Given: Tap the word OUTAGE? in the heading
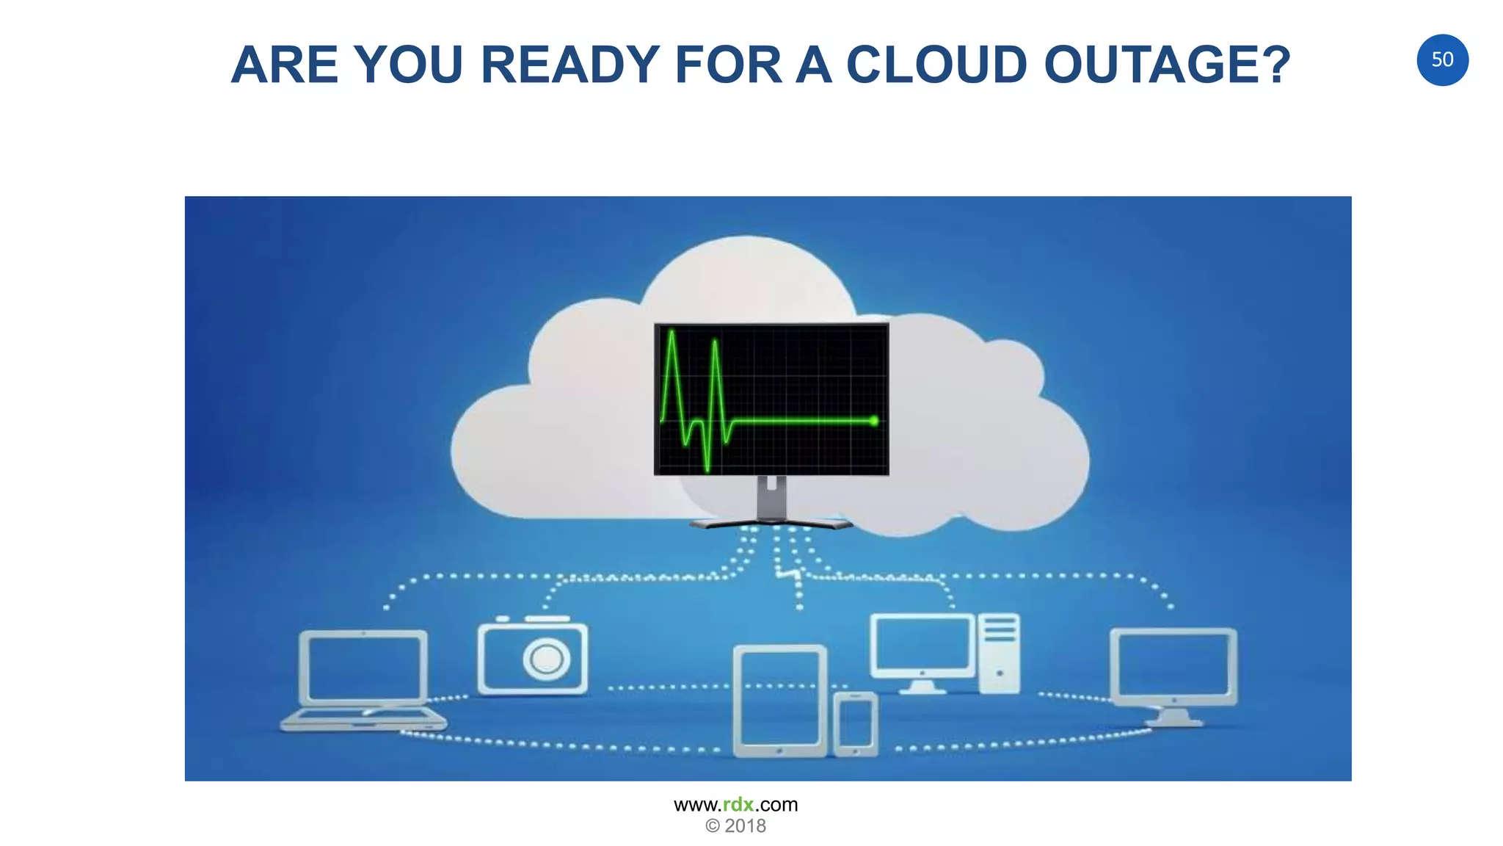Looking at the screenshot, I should click(x=1167, y=65).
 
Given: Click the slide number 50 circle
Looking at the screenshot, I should click(x=1442, y=59).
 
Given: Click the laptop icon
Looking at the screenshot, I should click(x=364, y=679).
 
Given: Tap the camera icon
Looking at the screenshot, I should click(x=533, y=656).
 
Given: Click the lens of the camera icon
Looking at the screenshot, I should click(x=547, y=658).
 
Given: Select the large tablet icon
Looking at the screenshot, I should click(x=780, y=701).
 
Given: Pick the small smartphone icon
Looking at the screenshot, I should click(x=856, y=723).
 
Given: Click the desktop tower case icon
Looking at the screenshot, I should click(x=999, y=653).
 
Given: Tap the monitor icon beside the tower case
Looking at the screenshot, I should click(x=922, y=651).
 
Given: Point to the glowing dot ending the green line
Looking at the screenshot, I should click(x=873, y=421).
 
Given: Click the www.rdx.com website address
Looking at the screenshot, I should click(x=735, y=805).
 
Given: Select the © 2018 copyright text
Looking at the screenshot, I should click(x=735, y=826).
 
